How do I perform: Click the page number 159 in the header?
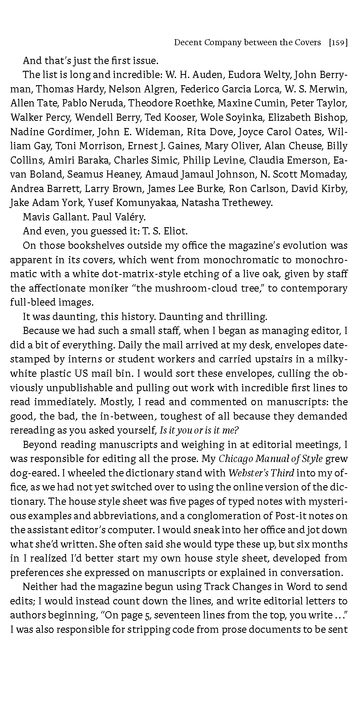pos(338,42)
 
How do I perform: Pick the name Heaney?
pos(122,174)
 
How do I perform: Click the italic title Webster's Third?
pos(261,473)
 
